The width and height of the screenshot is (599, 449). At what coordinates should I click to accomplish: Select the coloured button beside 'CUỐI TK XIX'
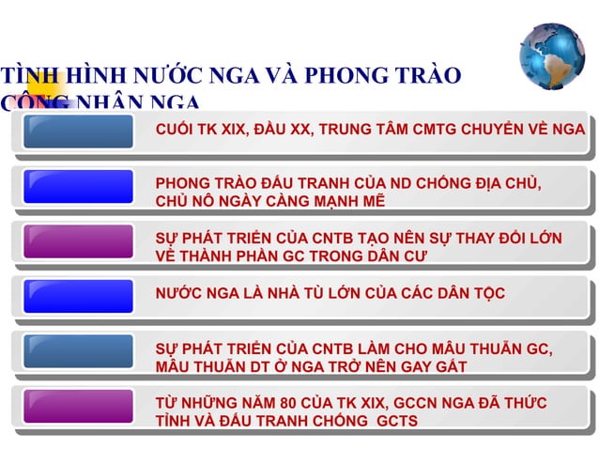tap(78, 132)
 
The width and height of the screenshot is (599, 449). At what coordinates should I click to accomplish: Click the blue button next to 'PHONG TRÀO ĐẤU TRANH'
tap(78, 187)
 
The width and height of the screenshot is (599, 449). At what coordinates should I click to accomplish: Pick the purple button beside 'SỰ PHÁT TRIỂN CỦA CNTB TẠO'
tap(78, 241)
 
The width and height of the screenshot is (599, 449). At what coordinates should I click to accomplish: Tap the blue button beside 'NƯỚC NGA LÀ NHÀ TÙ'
tap(78, 295)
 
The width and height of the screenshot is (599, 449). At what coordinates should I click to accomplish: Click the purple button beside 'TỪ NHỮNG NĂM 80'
tap(78, 407)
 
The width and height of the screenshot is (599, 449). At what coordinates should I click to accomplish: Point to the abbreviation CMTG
tap(427, 131)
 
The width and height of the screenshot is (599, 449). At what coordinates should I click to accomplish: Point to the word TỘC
tap(487, 293)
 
